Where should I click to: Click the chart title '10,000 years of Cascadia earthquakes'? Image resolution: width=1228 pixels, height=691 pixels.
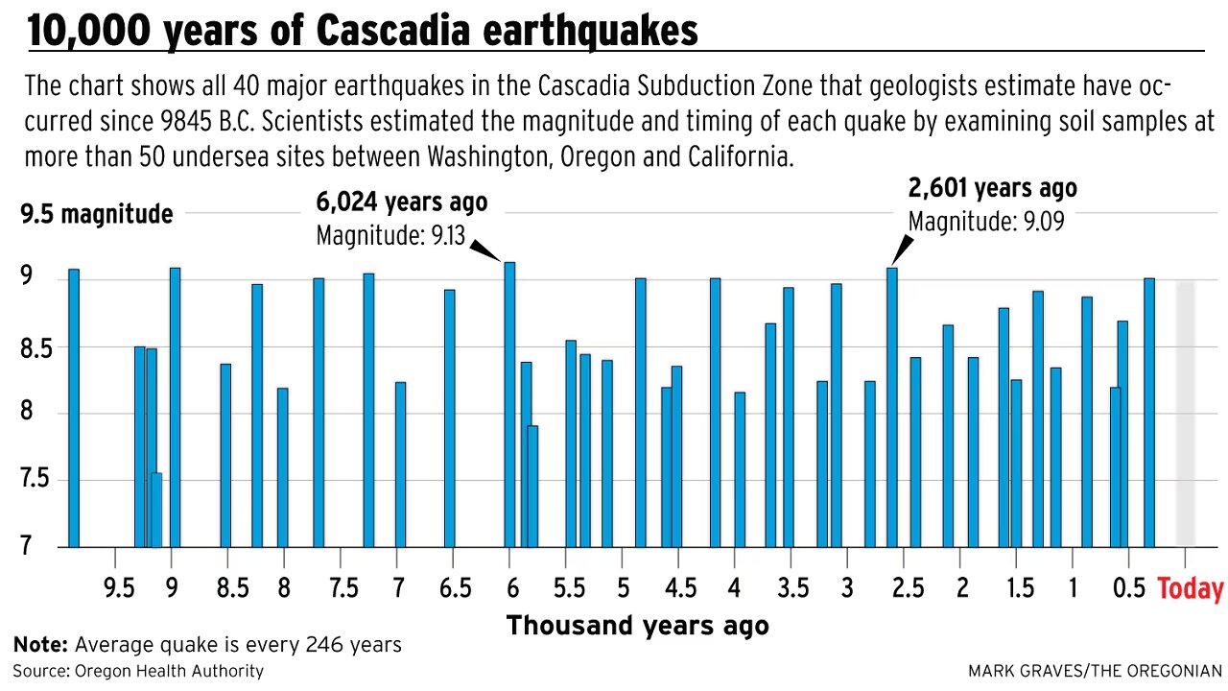[x=363, y=31]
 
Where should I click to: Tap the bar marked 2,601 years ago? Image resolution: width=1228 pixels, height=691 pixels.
[x=891, y=408]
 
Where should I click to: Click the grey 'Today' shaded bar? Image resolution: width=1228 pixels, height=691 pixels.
[x=1186, y=413]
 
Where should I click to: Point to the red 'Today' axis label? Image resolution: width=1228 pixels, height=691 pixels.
[x=1191, y=588]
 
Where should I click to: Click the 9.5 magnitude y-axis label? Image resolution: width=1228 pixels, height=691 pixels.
[x=96, y=214]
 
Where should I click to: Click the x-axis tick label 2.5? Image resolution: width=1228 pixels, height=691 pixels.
[x=903, y=587]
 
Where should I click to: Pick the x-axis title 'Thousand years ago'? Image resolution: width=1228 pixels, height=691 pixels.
[x=637, y=626]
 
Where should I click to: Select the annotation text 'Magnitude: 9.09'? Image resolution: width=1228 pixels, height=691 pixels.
[x=985, y=222]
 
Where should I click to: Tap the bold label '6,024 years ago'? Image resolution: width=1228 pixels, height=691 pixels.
[x=401, y=203]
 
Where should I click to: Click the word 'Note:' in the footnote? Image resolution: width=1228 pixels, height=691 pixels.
[x=40, y=645]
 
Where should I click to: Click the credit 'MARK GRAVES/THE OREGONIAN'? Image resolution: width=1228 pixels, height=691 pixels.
[x=1095, y=671]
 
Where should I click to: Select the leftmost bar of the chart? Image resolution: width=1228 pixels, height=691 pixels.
[x=74, y=408]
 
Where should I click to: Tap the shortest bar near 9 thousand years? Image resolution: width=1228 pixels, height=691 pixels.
[x=156, y=510]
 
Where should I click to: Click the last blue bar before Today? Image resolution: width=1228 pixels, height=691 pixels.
[x=1149, y=413]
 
